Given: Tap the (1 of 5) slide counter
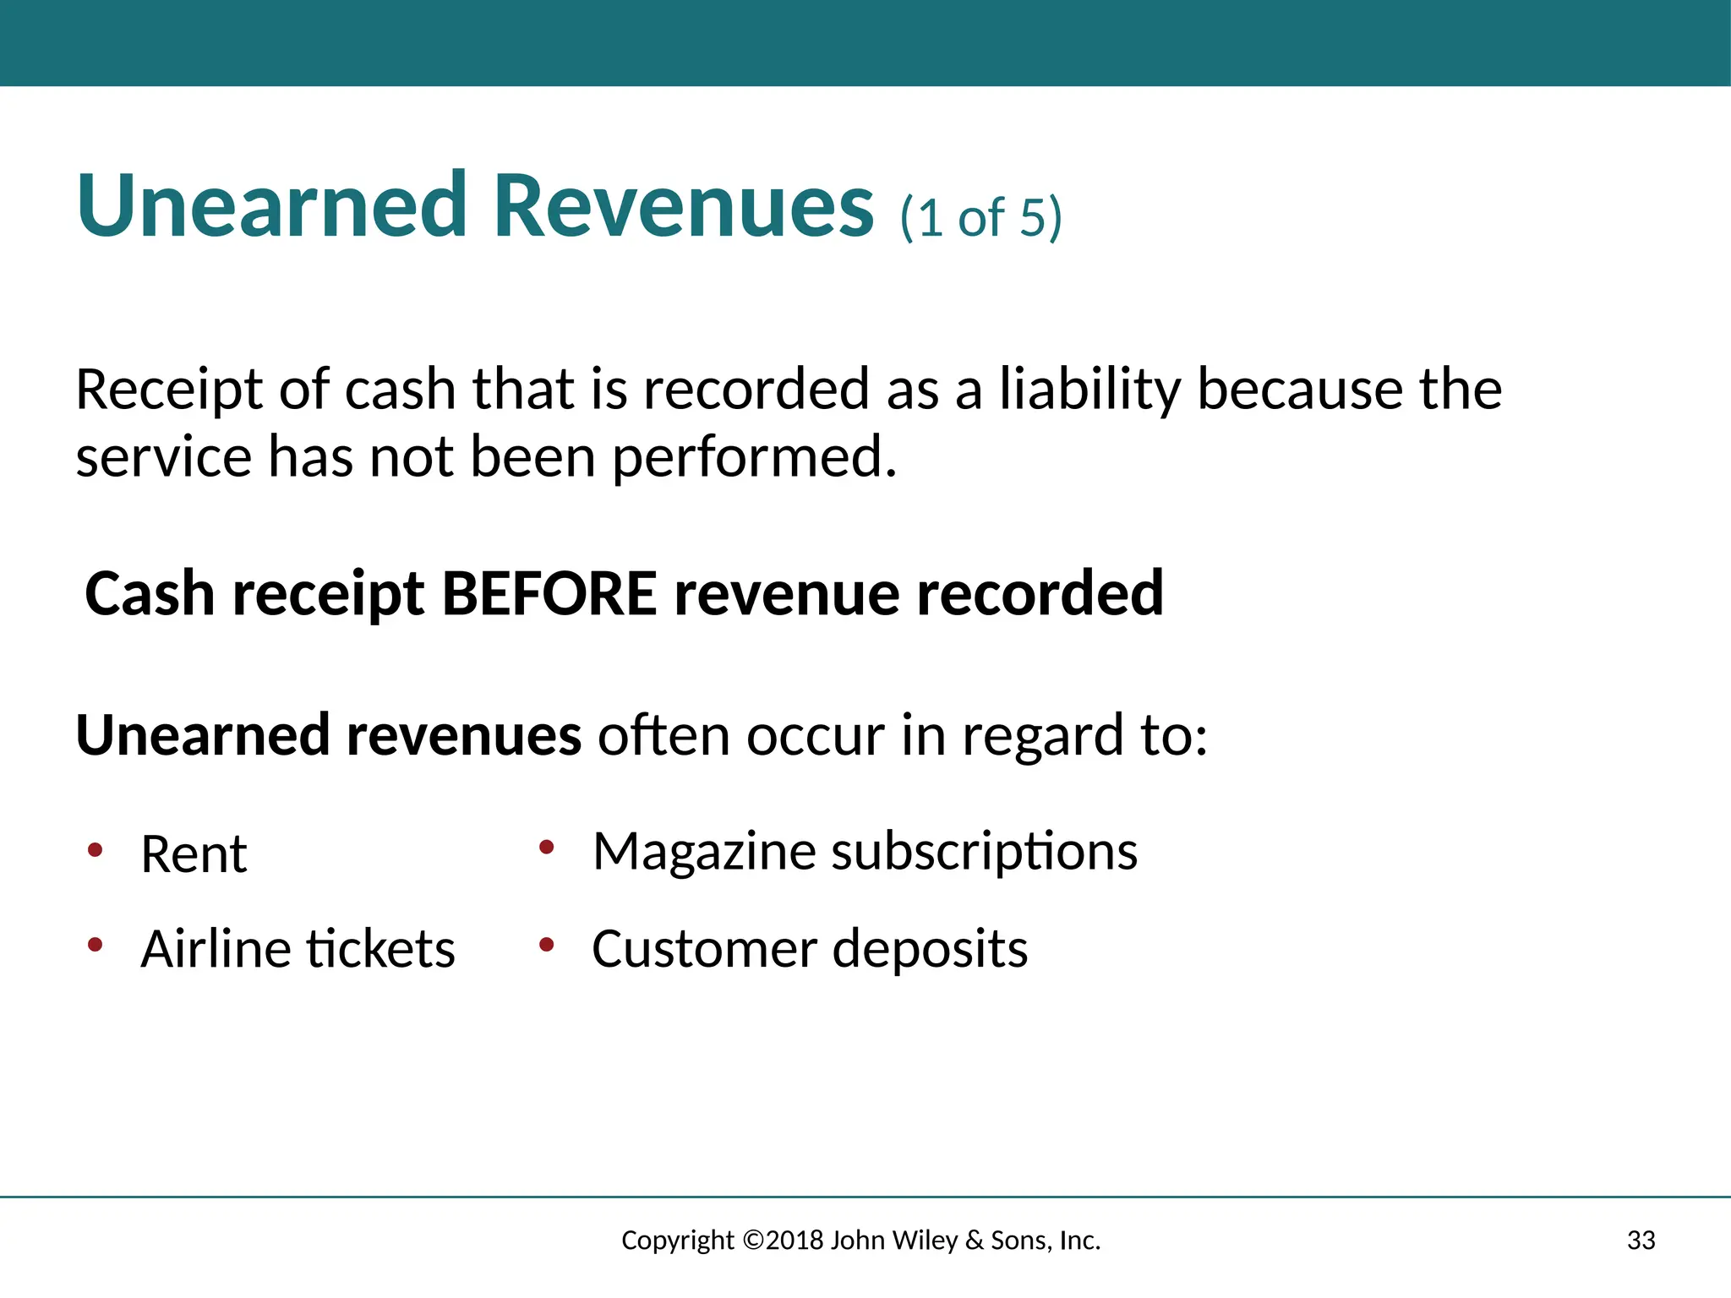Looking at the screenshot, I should click(980, 218).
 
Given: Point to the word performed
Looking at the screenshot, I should click(753, 458).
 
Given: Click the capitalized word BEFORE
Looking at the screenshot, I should click(549, 593).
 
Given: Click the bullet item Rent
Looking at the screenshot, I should click(194, 854).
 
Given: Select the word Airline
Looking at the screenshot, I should click(216, 949).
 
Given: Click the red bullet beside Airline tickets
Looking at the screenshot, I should click(96, 944).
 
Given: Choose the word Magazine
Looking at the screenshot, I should click(704, 851).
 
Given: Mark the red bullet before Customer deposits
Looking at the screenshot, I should click(547, 944).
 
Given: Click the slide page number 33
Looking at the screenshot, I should click(1641, 1241).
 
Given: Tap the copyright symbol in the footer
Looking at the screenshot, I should click(753, 1241).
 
